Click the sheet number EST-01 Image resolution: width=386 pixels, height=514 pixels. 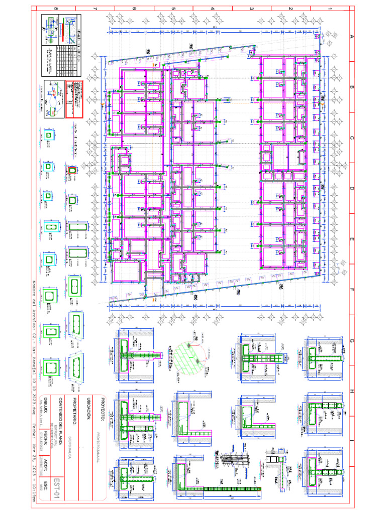point(57,489)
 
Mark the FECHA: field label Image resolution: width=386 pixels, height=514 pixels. point(46,441)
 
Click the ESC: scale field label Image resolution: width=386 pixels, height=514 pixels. point(46,489)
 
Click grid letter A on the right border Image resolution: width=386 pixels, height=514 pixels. point(352,36)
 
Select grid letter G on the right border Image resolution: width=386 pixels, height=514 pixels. point(352,341)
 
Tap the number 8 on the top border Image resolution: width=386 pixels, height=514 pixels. point(55,9)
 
